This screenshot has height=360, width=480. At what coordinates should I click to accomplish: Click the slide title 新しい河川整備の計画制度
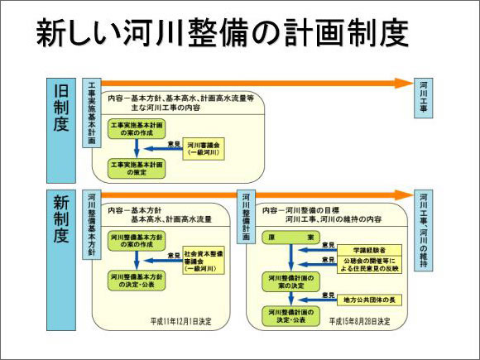223,34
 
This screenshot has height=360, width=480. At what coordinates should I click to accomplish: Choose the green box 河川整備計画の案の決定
290,279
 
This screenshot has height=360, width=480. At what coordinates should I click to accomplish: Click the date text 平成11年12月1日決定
180,319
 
